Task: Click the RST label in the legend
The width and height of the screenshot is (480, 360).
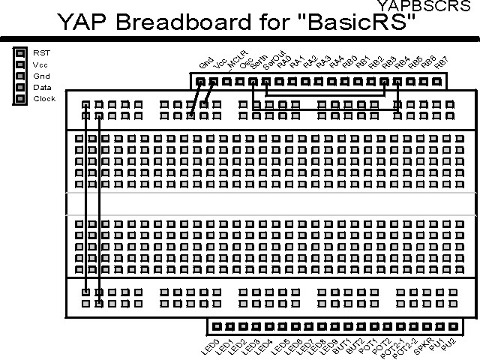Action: coord(41,53)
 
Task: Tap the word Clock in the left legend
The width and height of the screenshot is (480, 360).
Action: coord(44,98)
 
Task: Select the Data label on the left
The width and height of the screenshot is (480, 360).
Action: coord(42,87)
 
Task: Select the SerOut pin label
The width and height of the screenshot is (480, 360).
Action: coord(271,61)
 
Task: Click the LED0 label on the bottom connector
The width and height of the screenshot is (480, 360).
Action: coord(209,345)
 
